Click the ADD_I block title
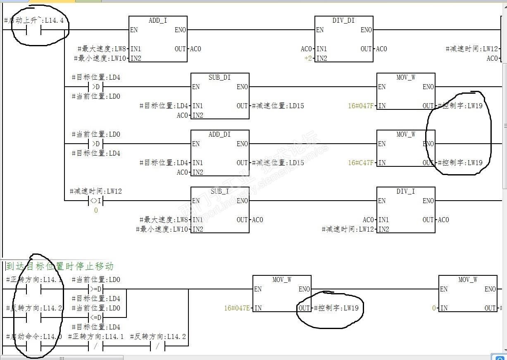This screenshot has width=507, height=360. pyautogui.click(x=158, y=20)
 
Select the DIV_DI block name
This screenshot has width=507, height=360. pyautogui.click(x=344, y=20)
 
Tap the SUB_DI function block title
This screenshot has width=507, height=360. pyautogui.click(x=220, y=77)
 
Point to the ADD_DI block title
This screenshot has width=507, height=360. pyautogui.click(x=220, y=134)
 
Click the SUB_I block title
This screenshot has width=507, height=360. pyautogui.click(x=220, y=191)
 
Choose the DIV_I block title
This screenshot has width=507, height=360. pyautogui.click(x=406, y=191)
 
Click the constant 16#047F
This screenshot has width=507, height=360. pyautogui.click(x=361, y=106)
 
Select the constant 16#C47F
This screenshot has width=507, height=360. pyautogui.click(x=361, y=163)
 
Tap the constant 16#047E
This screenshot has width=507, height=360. pyautogui.click(x=237, y=308)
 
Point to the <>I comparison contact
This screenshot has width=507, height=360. pyautogui.click(x=96, y=201)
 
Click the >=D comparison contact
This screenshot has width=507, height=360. pyautogui.click(x=96, y=289)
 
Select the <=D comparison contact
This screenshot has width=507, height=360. pyautogui.click(x=96, y=317)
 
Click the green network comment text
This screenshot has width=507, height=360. pyautogui.click(x=60, y=266)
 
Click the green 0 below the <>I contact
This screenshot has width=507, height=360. pyautogui.click(x=96, y=211)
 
